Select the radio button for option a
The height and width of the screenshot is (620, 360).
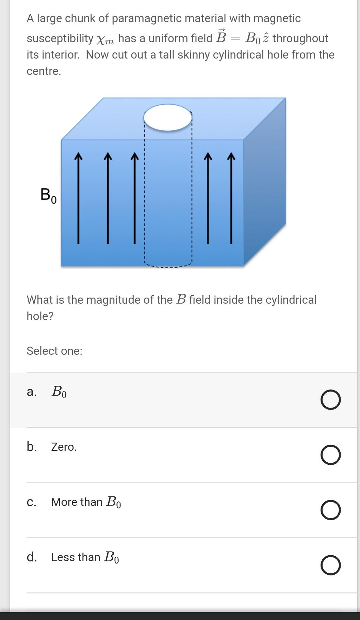330,400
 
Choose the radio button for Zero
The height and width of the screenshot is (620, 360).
330,455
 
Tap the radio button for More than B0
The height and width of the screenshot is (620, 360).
330,510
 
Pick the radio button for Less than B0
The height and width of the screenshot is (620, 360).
330,565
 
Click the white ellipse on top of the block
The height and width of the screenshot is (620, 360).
167,117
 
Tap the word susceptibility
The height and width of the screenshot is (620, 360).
60,38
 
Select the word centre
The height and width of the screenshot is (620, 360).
44,71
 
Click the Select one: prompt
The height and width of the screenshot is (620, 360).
54,351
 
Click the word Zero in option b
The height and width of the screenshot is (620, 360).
64,447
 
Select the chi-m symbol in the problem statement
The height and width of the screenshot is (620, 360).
105,40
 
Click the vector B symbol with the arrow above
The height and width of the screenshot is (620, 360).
221,37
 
